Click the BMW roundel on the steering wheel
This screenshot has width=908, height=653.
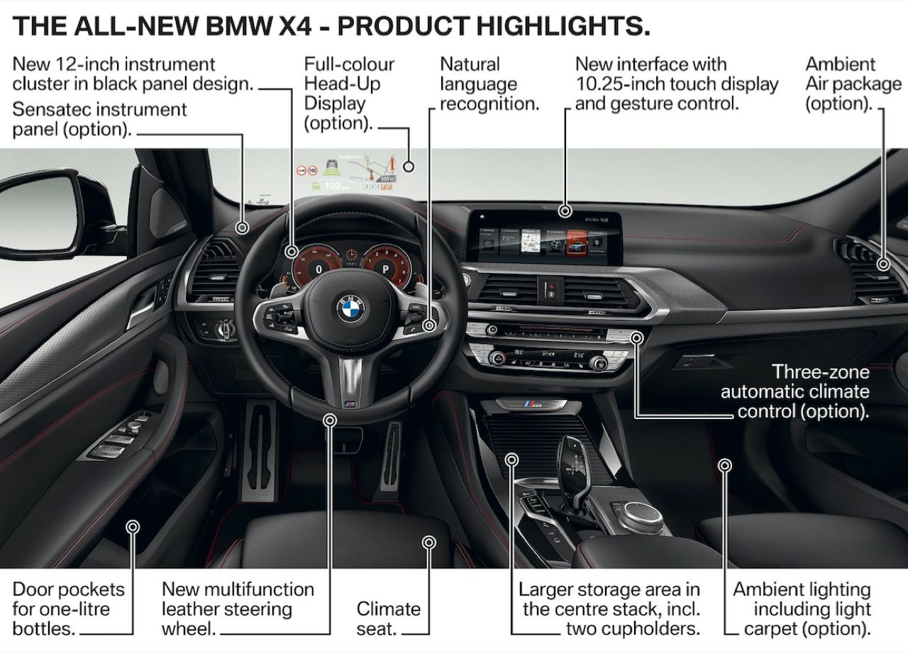(350, 308)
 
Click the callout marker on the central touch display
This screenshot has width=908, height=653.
(565, 211)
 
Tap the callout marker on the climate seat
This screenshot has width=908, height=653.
(428, 542)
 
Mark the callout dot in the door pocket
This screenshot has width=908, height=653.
(133, 526)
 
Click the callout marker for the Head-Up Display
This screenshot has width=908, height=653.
(408, 167)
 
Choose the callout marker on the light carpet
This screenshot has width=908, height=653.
(724, 465)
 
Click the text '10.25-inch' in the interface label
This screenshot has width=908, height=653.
(621, 84)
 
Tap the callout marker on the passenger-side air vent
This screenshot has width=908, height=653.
(883, 264)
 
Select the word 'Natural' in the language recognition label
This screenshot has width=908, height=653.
(470, 64)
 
